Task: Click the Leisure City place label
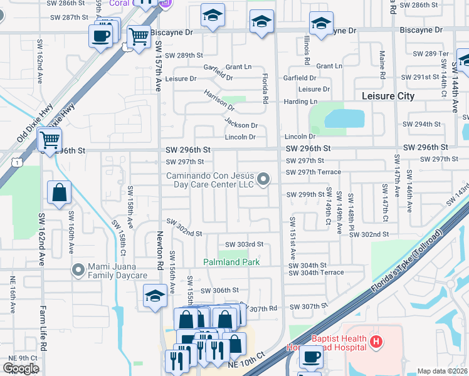coord(388,96)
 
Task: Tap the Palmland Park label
coord(231,261)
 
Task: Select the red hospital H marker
coord(376,342)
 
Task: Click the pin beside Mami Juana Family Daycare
coord(78,270)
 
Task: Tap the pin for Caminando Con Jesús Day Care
coord(264,180)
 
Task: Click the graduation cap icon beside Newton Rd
coord(155,296)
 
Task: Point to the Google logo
coord(21,368)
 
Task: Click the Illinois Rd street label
coord(307,50)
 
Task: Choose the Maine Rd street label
coord(382,65)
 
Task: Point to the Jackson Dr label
coord(241,125)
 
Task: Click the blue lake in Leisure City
coord(344,118)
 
